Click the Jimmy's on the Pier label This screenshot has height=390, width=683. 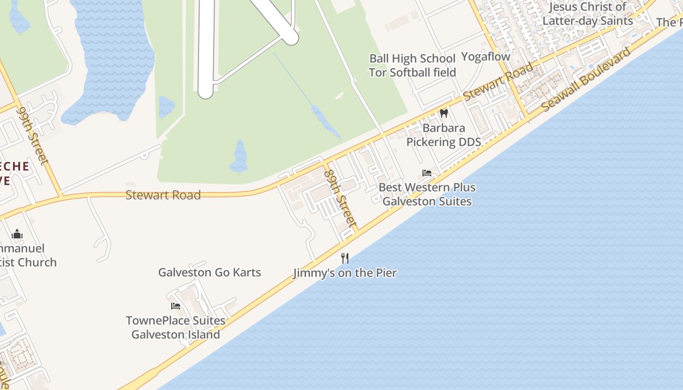(x=345, y=273)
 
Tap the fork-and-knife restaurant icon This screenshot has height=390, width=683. (x=345, y=258)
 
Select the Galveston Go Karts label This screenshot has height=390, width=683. (x=209, y=273)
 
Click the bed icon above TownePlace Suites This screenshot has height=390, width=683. (x=176, y=306)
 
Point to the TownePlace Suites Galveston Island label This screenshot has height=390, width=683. (x=176, y=328)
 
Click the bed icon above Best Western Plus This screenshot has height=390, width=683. (x=427, y=173)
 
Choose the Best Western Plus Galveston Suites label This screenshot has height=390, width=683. (x=427, y=194)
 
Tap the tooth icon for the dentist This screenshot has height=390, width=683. (x=444, y=114)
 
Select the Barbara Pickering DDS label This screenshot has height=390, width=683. (x=444, y=135)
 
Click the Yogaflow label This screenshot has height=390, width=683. (x=485, y=57)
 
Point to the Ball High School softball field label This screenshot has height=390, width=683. (x=412, y=65)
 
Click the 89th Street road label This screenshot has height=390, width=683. (x=340, y=197)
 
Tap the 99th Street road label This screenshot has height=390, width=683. (x=33, y=136)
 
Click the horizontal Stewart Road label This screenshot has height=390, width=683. (x=163, y=195)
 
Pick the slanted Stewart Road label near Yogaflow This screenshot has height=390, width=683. (x=498, y=82)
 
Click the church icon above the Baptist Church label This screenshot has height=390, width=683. (x=17, y=234)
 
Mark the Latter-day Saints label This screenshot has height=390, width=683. (x=587, y=14)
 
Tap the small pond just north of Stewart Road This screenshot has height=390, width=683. (x=240, y=157)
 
